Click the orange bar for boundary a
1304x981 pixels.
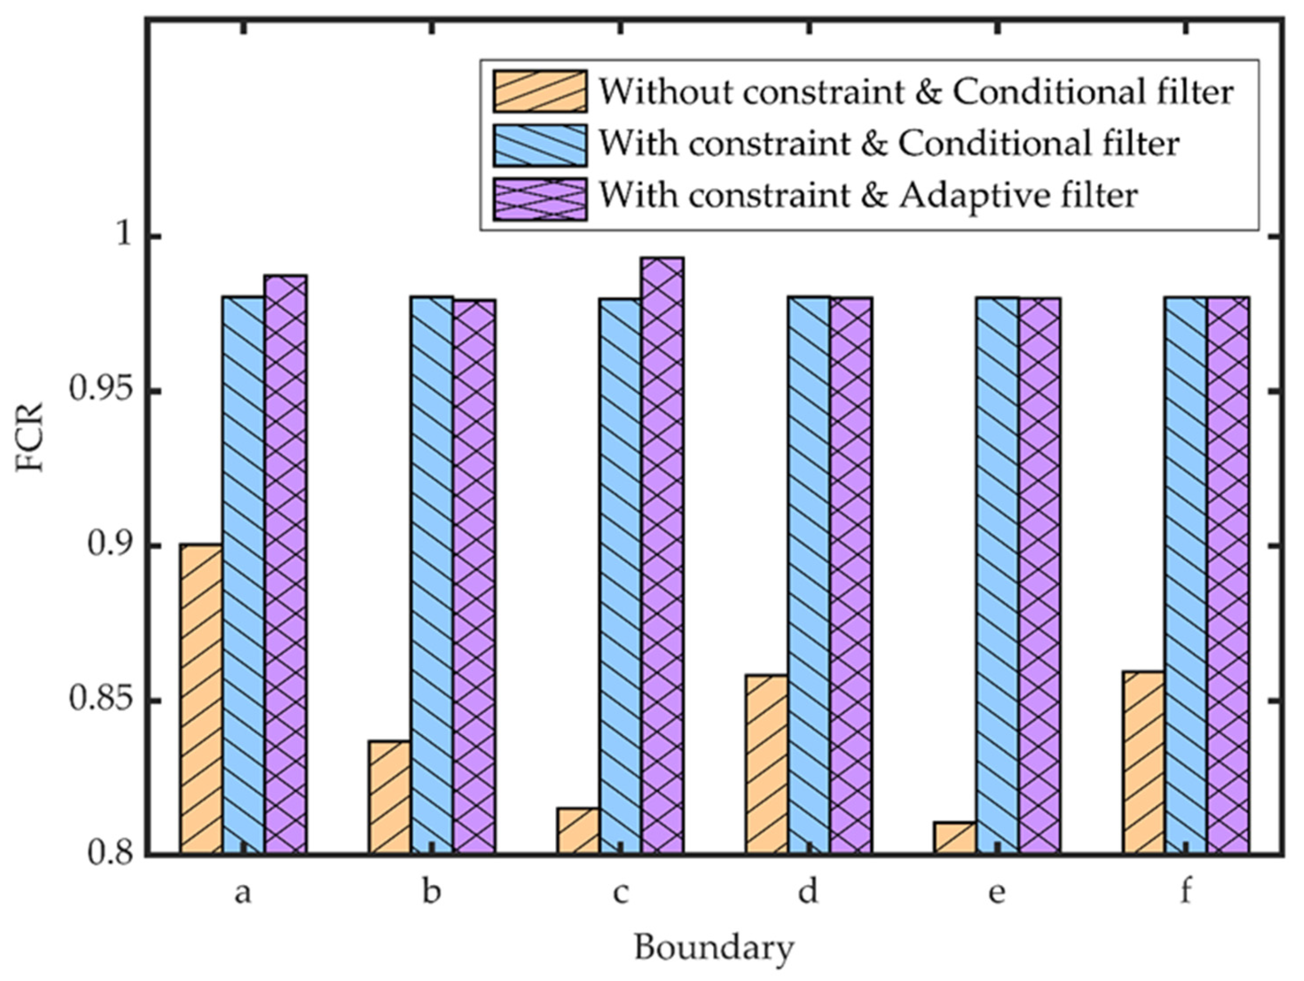[202, 699]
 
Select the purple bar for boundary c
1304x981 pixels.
[663, 556]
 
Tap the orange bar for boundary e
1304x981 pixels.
[954, 837]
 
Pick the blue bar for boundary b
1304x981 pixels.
[432, 575]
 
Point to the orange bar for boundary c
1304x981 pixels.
[578, 830]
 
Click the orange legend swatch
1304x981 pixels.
[540, 91]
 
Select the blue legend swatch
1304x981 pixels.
[540, 145]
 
